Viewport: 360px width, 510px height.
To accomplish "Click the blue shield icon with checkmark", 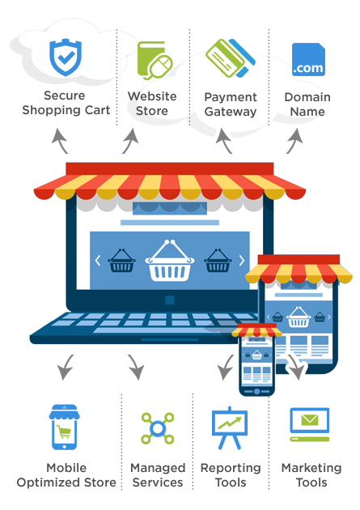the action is (x=66, y=57).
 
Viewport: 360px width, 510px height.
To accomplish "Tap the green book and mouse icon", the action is (x=155, y=60).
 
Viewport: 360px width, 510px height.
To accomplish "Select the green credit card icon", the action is (x=231, y=58).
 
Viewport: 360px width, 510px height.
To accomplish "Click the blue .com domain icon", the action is (x=308, y=60).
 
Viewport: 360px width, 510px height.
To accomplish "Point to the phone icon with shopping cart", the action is (x=65, y=427).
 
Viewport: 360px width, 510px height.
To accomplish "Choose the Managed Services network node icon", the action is (x=158, y=428).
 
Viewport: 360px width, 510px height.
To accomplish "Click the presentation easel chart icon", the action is (x=230, y=427).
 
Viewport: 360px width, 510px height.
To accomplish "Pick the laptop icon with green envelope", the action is (x=310, y=424).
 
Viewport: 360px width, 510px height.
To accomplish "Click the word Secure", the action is (x=65, y=96).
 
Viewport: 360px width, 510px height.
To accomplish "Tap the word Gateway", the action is (x=231, y=112).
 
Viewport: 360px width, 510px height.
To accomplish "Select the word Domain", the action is (x=307, y=97).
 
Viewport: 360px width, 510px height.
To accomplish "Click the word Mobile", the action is (x=66, y=468).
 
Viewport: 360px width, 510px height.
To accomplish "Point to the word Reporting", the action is (x=231, y=469).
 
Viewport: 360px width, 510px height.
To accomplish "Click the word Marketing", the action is (x=311, y=469).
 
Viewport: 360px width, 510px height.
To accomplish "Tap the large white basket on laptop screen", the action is (x=170, y=261).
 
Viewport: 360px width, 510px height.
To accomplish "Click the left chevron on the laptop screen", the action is (x=97, y=261).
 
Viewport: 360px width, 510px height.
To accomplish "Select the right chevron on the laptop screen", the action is (x=242, y=261).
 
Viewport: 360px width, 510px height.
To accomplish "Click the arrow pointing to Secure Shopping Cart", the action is (x=59, y=140).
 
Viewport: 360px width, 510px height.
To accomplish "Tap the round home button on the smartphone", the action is (x=256, y=391).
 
